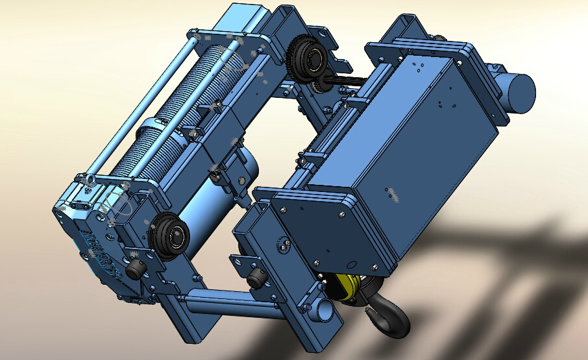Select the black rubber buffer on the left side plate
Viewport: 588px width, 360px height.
click(x=134, y=270)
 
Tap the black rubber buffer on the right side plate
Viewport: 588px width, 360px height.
click(x=256, y=279)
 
